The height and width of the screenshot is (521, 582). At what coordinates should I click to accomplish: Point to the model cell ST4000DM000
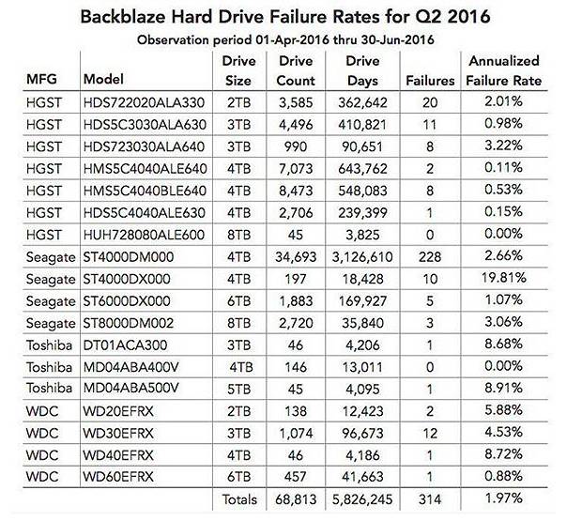[x=130, y=254]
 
